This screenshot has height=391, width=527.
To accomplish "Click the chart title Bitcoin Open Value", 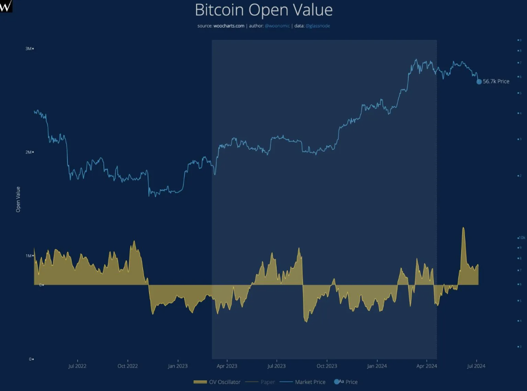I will (264, 10).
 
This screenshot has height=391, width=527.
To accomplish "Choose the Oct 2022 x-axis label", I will (127, 366).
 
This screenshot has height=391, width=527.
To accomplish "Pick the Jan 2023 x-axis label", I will (178, 366).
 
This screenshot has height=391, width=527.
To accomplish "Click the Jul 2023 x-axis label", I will (277, 366).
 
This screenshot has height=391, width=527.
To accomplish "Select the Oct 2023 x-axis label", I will (327, 366).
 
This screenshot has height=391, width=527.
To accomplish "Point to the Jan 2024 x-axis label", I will (377, 366).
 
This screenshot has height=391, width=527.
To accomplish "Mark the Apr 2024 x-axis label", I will (427, 366).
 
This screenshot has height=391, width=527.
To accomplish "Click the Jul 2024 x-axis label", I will (476, 366).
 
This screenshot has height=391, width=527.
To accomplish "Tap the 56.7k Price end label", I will (496, 81).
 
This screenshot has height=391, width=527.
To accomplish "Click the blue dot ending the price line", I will (479, 81).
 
